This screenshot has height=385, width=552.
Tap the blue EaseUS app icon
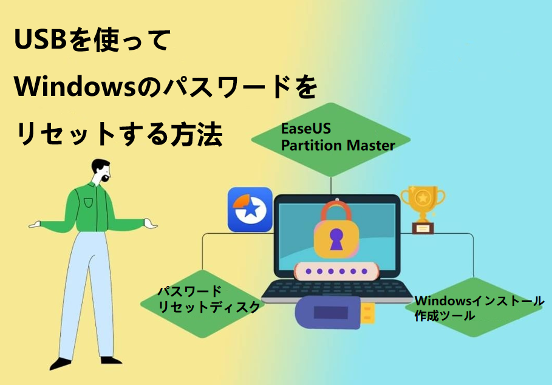[x=250, y=210]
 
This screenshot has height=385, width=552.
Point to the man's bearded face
[x=103, y=172]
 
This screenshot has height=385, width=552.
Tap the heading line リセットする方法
[x=119, y=133]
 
